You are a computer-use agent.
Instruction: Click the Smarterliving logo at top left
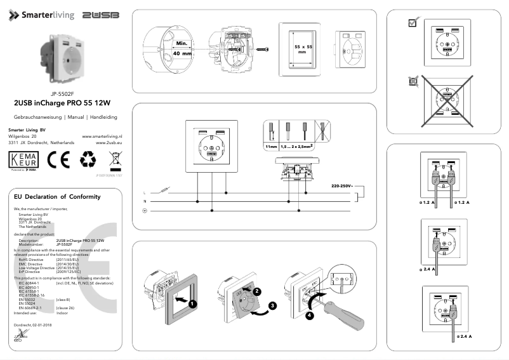coord(41,15)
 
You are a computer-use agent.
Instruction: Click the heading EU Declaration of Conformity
coord(57,197)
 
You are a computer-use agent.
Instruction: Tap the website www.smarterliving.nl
coord(102,136)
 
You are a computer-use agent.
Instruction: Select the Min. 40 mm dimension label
coord(183,49)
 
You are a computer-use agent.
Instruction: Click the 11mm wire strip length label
coord(271,146)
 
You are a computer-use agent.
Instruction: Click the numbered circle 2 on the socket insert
coord(257,290)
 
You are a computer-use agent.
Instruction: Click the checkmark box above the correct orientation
coord(413,23)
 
